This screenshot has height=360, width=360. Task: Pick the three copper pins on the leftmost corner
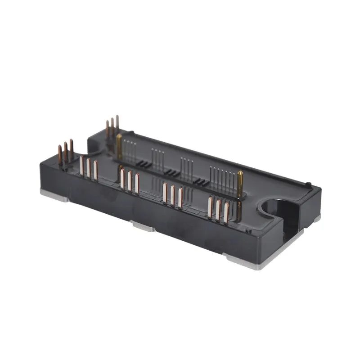point(65,153)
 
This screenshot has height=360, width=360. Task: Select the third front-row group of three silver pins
point(172,195)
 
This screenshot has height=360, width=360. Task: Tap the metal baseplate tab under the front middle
point(143,226)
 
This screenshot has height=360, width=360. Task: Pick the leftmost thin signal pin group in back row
point(130,148)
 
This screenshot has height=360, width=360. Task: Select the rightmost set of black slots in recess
point(200,181)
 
